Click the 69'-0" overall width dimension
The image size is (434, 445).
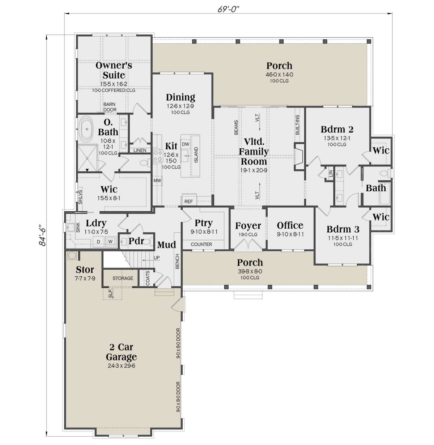228,10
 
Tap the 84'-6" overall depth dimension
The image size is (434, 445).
43,234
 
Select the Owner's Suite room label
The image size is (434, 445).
114,70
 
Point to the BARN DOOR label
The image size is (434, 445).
110,107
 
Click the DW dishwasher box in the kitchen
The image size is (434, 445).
185,144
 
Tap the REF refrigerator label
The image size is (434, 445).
188,202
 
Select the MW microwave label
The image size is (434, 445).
157,181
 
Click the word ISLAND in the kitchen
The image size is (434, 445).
196,155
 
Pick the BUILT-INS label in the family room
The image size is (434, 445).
297,125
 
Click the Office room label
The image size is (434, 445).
290,225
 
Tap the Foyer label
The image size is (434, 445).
248,226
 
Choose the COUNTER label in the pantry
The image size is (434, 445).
201,245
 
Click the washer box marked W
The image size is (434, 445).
110,241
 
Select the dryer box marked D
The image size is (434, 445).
98,241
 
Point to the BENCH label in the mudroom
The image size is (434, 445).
177,261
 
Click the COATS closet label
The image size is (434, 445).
148,278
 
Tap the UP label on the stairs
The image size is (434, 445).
157,258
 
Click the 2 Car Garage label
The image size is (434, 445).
121,352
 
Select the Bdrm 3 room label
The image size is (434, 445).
343,229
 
